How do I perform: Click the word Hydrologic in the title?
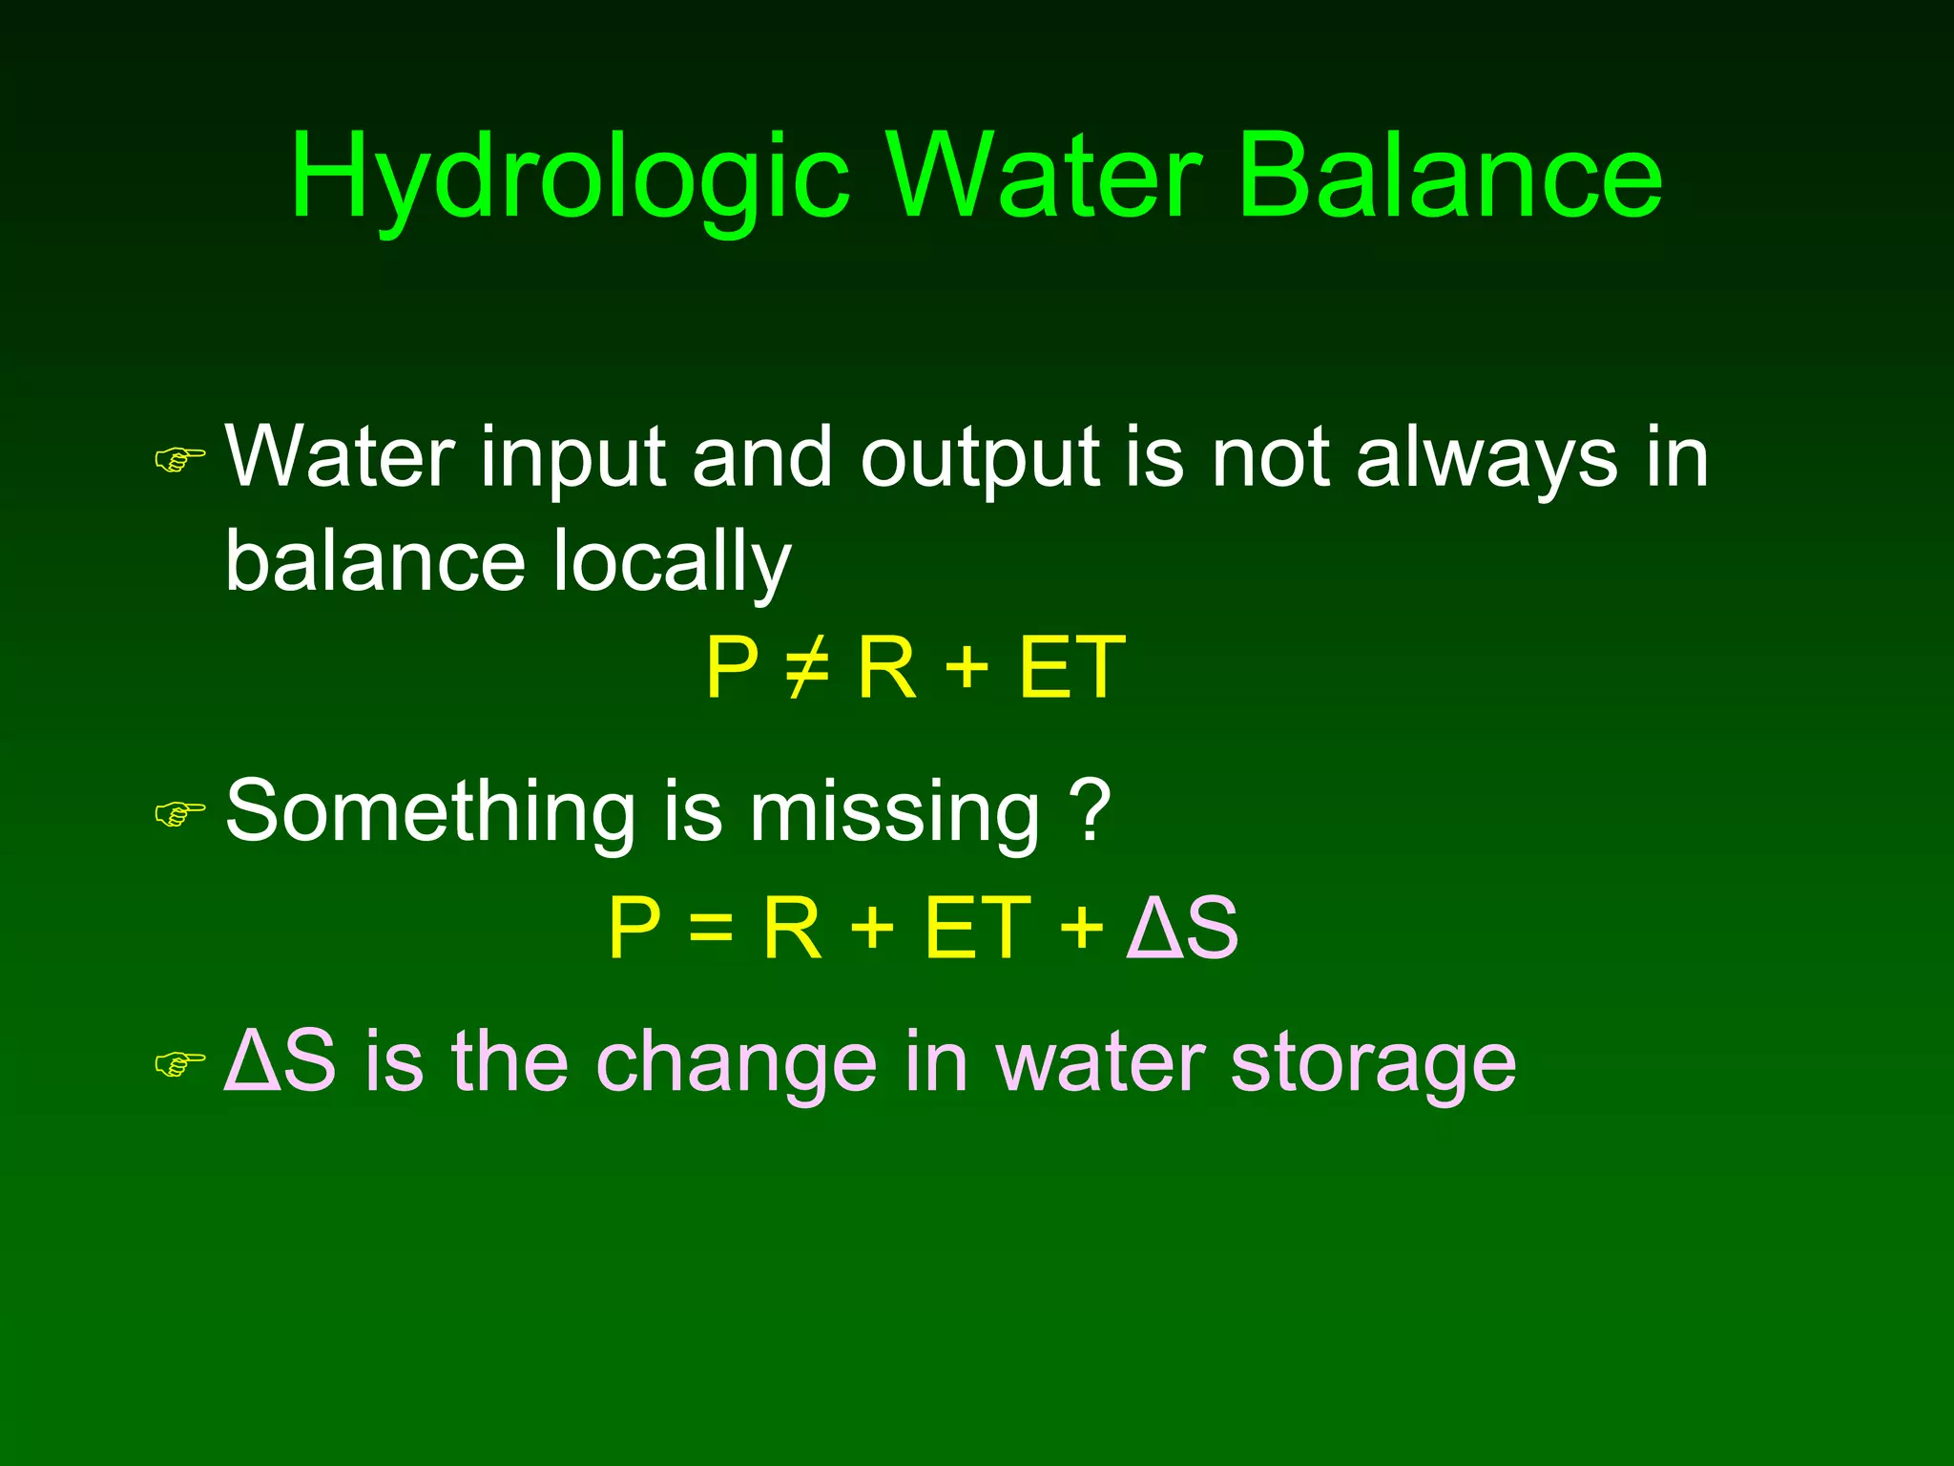[570, 178]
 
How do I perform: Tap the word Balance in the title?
[1449, 178]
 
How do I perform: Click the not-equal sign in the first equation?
[807, 668]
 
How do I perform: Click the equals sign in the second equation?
[711, 928]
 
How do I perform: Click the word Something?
[430, 811]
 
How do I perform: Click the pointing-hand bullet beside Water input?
[179, 461]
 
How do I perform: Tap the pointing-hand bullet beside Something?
[179, 814]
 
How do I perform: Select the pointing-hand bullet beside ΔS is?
[179, 1063]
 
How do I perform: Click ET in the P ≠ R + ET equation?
[1071, 668]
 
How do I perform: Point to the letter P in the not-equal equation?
[732, 668]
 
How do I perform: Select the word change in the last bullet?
[736, 1065]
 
